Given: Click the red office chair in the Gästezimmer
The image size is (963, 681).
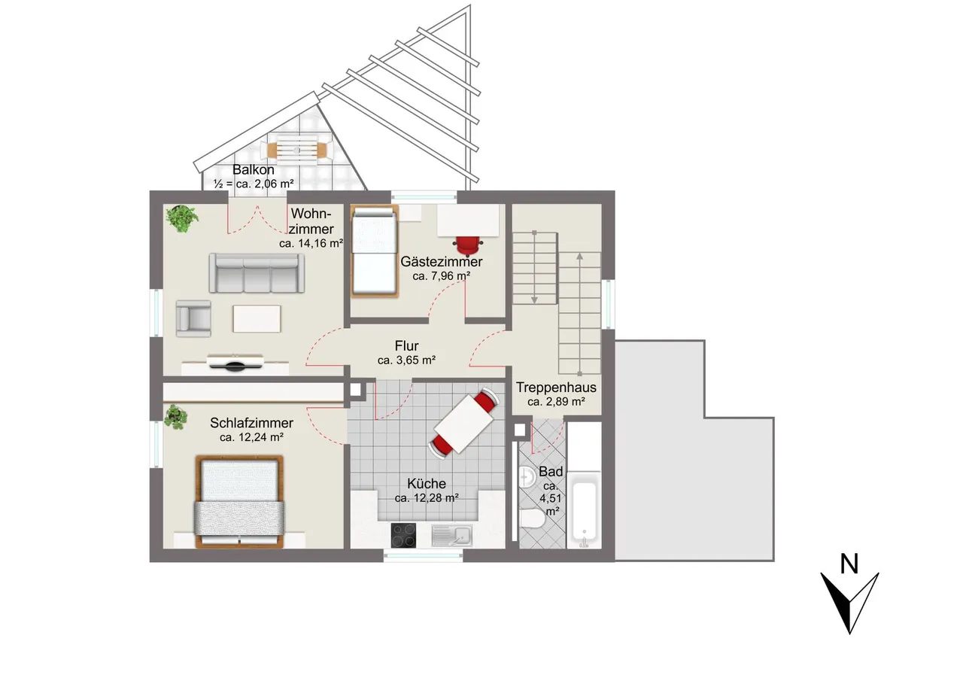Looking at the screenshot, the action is click(x=468, y=245).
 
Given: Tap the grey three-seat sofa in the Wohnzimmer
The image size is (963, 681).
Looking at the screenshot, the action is click(x=257, y=273).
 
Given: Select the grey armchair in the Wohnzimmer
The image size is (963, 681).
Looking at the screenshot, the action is click(x=193, y=318).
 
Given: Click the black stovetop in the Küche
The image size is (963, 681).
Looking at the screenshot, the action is click(x=403, y=535).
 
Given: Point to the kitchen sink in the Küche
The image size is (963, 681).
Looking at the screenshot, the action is click(x=452, y=536).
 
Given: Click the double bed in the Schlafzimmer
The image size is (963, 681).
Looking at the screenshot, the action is click(x=239, y=502).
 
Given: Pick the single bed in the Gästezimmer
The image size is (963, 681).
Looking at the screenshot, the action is click(x=374, y=251).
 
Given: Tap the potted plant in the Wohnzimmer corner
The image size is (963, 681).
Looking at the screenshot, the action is click(x=182, y=218).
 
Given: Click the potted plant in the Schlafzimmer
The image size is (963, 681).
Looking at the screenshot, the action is click(x=175, y=417).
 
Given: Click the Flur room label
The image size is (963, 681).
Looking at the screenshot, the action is click(x=407, y=345).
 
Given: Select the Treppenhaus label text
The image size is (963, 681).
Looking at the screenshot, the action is click(x=556, y=388).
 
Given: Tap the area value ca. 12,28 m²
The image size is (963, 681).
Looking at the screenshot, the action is click(x=427, y=498).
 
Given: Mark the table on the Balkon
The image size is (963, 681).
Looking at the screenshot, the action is click(x=296, y=150).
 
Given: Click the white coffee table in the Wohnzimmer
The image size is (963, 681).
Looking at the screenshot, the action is click(x=257, y=318).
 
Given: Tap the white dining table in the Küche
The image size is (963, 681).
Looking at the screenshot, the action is click(x=464, y=424).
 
